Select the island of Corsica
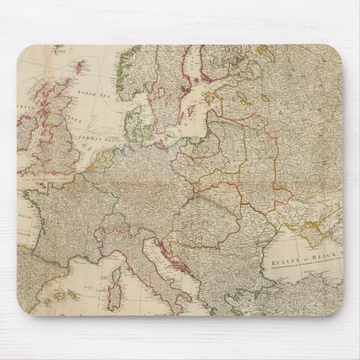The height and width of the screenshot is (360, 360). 117,274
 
